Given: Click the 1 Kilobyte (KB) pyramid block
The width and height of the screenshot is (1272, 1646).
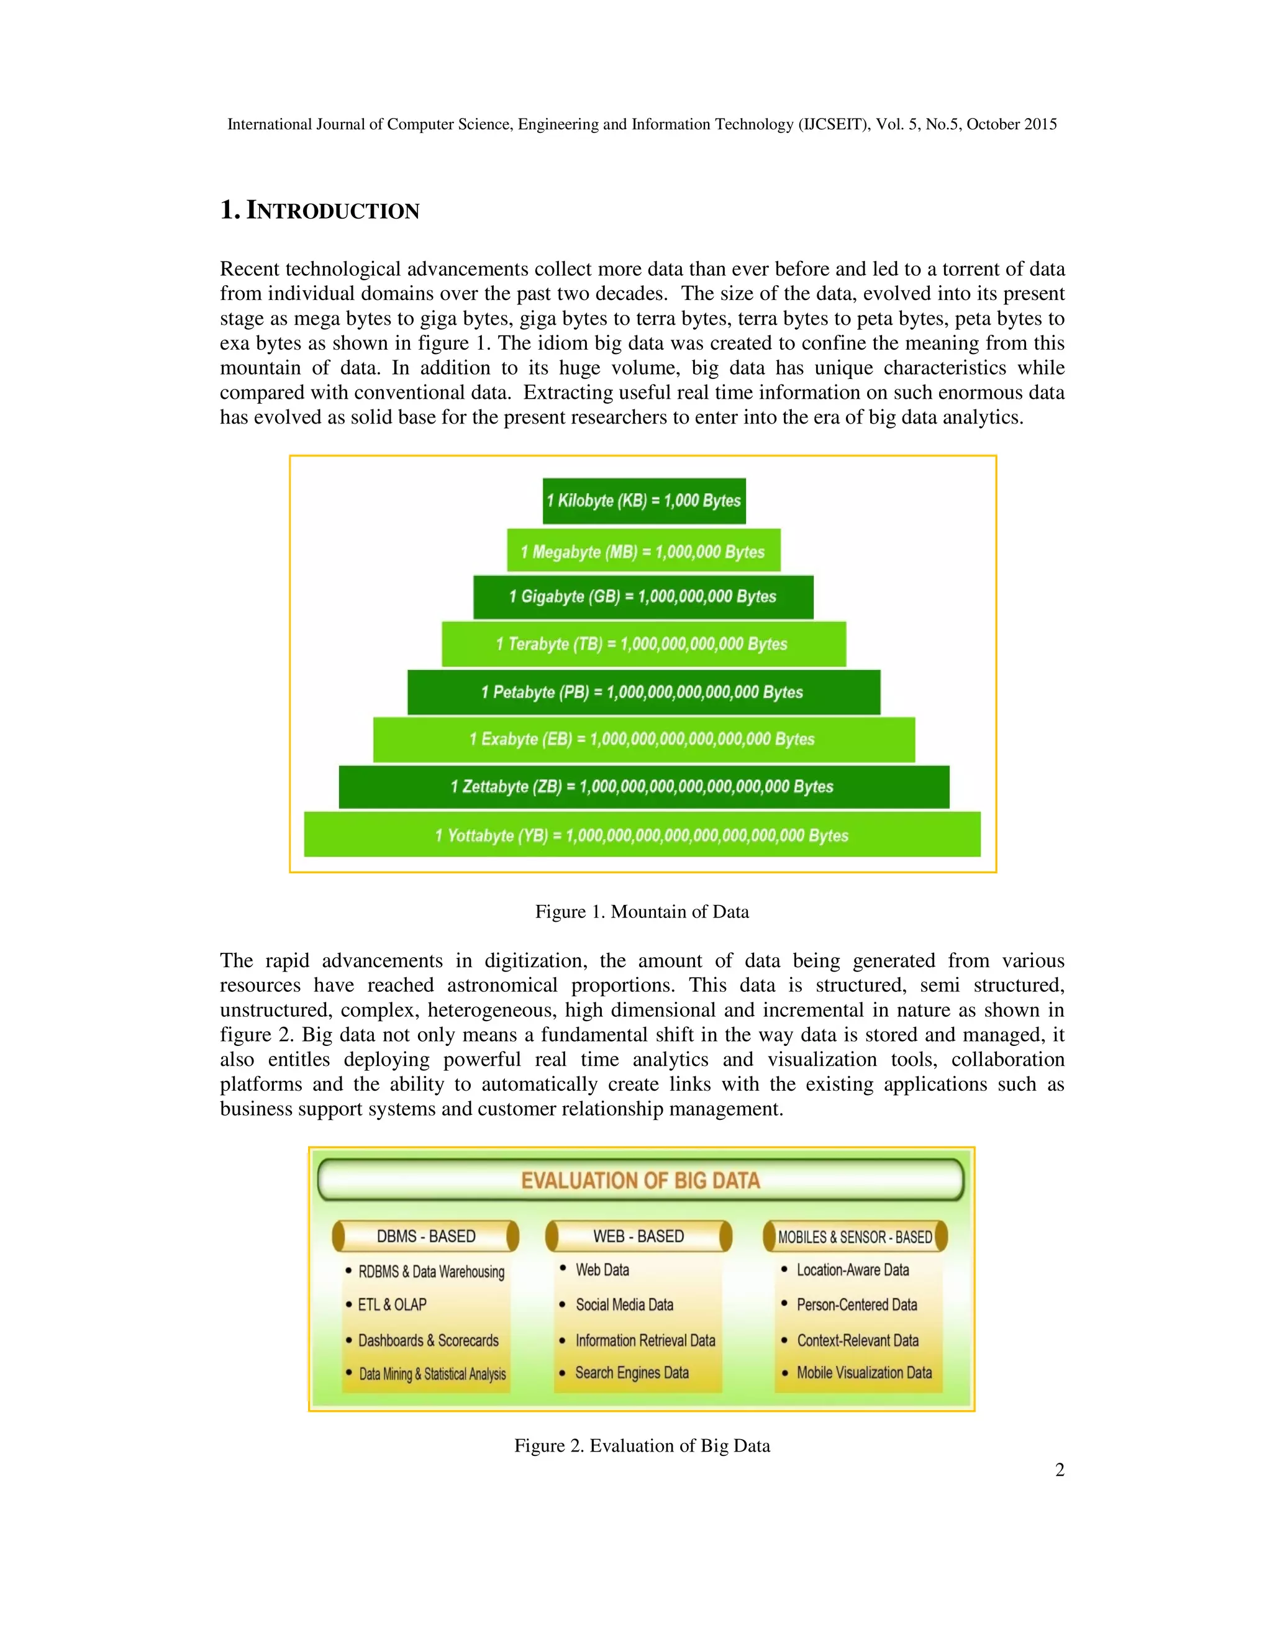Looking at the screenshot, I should point(643,501).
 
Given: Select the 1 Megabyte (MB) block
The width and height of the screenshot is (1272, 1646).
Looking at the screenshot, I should point(643,551).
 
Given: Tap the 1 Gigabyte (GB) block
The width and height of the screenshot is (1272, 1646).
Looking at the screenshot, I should point(643,597).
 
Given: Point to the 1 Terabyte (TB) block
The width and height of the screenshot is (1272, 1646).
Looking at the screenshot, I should point(643,643).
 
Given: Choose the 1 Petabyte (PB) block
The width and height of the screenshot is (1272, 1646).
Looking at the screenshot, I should point(643,692).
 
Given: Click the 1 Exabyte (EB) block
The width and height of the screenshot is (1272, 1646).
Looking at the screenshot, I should point(643,739).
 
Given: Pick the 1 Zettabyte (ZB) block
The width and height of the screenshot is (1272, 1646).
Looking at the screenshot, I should point(643,787).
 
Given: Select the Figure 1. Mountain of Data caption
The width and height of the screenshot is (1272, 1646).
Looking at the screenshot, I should point(642,912).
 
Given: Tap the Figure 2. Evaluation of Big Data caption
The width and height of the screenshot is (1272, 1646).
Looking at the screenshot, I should point(642,1445).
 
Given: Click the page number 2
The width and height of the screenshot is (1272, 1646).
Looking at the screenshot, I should point(1060,1470).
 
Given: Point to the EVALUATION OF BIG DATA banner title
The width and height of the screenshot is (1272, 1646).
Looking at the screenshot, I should point(640,1180).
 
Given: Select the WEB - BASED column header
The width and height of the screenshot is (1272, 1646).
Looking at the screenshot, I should point(638,1236).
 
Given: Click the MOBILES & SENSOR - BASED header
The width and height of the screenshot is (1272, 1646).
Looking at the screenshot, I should point(855,1237).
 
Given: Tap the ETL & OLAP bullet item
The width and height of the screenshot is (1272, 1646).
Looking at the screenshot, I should point(392,1304).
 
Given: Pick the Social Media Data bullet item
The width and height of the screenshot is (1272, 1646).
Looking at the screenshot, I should point(624,1304).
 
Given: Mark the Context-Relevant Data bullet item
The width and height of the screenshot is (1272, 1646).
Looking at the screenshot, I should point(858,1340).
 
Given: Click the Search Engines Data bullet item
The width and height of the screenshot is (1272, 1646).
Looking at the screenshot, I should point(632,1373).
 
